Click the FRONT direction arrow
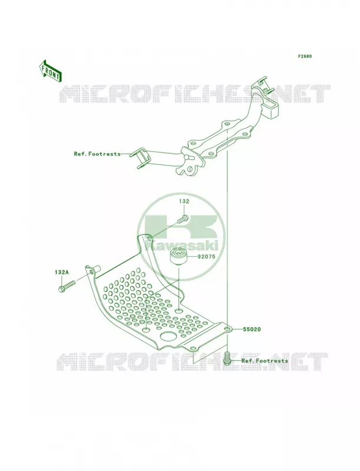click(x=51, y=71)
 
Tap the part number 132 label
click(x=184, y=201)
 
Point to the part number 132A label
click(x=62, y=272)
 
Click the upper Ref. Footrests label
click(x=97, y=154)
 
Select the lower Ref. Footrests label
click(x=265, y=361)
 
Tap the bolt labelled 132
click(x=182, y=219)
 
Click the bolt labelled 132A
click(x=66, y=286)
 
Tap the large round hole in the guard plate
click(x=168, y=336)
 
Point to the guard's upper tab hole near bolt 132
click(x=149, y=239)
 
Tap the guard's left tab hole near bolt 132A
click(x=91, y=271)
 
